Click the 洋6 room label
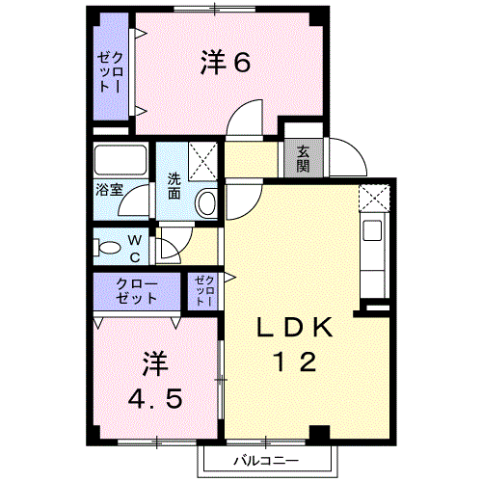226,63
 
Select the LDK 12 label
294,344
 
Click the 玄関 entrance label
303,158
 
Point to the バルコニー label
266,461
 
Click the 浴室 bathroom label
109,190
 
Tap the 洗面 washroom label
174,186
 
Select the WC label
135,249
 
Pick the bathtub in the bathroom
120,160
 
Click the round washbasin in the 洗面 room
205,203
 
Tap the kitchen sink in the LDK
372,230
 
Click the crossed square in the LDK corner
374,198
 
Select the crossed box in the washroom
202,161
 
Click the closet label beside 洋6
110,72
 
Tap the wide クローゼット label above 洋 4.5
137,291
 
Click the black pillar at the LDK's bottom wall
319,432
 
